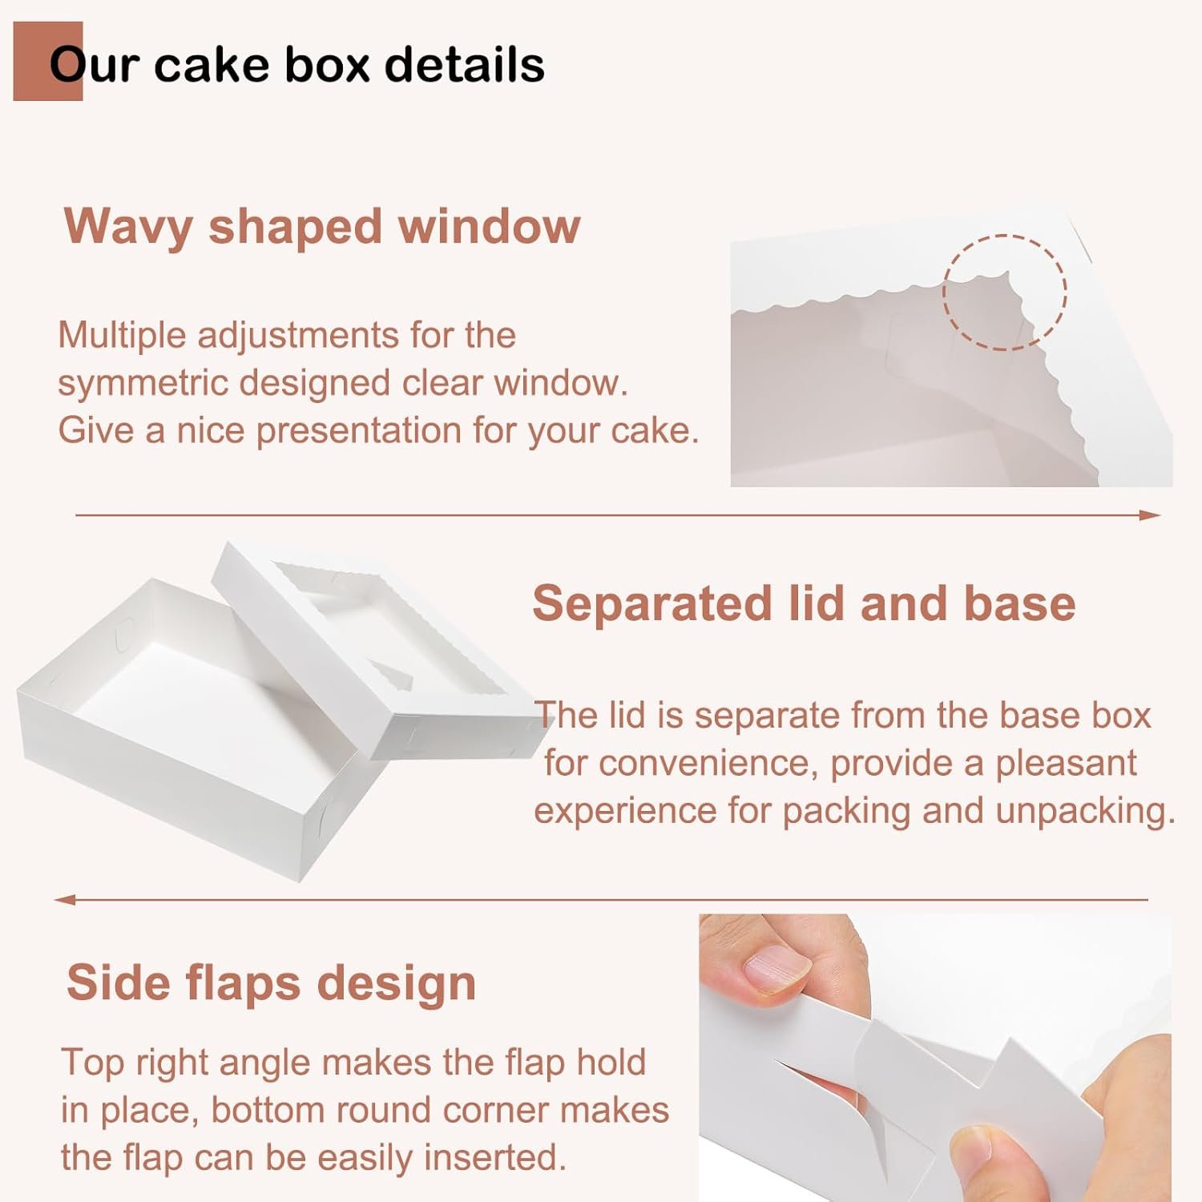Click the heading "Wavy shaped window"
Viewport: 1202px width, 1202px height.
322,227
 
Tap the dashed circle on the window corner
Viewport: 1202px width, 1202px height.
1004,292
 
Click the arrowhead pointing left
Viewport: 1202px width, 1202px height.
64,900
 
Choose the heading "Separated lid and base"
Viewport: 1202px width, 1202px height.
804,603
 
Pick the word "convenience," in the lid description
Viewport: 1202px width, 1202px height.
708,763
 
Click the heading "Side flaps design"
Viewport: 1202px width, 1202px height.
271,982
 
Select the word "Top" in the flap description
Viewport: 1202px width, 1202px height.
91,1063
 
